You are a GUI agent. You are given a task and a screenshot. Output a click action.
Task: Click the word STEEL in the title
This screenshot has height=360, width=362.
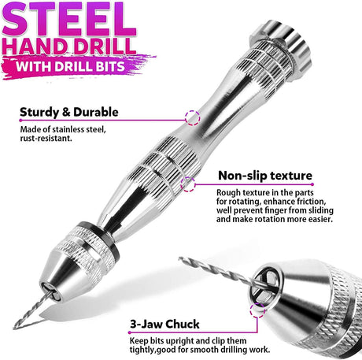coord(69,19)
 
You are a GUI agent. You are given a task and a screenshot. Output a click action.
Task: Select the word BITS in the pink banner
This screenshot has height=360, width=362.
coord(109,66)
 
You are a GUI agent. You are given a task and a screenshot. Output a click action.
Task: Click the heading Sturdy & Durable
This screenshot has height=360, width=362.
coord(69,112)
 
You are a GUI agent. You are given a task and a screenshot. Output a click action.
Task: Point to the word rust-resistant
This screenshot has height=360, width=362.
coord(46,138)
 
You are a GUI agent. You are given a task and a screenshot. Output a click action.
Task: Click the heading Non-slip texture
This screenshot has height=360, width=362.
coord(265,176)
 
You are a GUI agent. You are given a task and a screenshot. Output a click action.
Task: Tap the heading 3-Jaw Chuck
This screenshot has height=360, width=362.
coord(164,324)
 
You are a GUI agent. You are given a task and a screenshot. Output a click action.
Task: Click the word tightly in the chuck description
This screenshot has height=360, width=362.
coord(142,350)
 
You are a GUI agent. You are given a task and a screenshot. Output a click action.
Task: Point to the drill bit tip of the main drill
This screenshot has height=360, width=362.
coord(14,328)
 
